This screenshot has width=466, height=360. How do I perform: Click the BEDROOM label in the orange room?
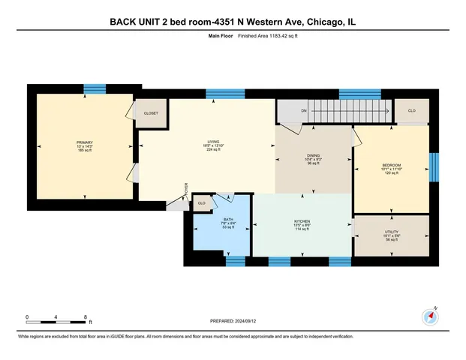pyautogui.click(x=392, y=165)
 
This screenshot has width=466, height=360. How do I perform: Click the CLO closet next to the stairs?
pyautogui.click(x=411, y=110)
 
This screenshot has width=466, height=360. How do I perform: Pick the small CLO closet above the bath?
pyautogui.click(x=201, y=202)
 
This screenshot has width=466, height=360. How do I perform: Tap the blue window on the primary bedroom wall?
pyautogui.click(x=95, y=89)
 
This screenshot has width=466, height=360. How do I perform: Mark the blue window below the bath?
pyautogui.click(x=236, y=262)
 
